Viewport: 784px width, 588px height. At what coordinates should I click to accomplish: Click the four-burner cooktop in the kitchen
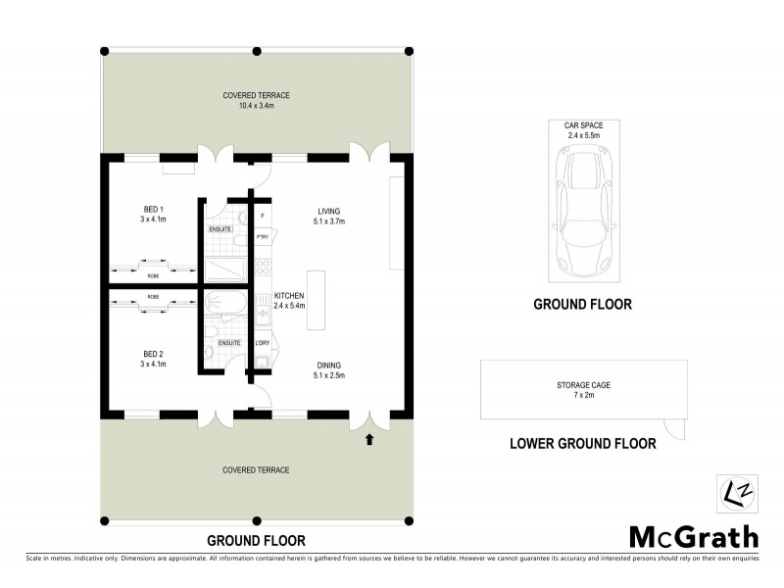pos(262,268)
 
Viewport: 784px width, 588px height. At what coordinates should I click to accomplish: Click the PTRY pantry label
pos(262,238)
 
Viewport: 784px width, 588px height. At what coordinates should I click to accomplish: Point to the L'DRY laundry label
pos(262,343)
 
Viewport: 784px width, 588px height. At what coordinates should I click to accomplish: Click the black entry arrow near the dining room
pos(369,440)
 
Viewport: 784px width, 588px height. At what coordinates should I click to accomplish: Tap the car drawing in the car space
pos(582,208)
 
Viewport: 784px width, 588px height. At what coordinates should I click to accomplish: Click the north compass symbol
pos(734,490)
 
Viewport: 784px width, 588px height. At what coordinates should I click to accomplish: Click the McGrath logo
pos(693,536)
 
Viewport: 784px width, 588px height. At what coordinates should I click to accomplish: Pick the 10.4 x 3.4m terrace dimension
pos(256,107)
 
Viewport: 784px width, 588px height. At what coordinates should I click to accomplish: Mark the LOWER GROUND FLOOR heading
pos(582,444)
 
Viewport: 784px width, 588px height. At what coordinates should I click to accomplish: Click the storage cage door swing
pos(672,428)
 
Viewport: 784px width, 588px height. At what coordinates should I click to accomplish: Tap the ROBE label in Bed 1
pos(153,276)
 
